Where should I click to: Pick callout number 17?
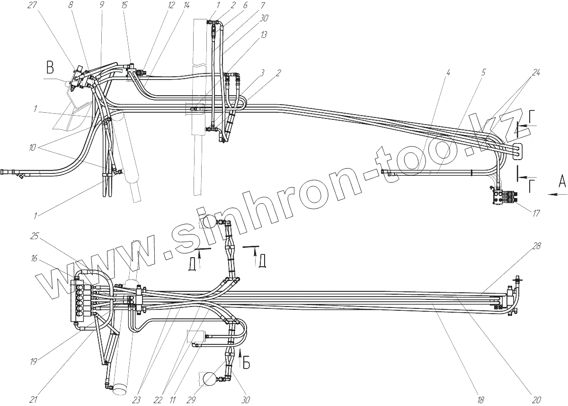click(x=536, y=213)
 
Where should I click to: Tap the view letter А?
click(x=561, y=180)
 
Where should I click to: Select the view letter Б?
click(x=246, y=363)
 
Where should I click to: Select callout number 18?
click(x=481, y=399)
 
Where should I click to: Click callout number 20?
click(x=536, y=399)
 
